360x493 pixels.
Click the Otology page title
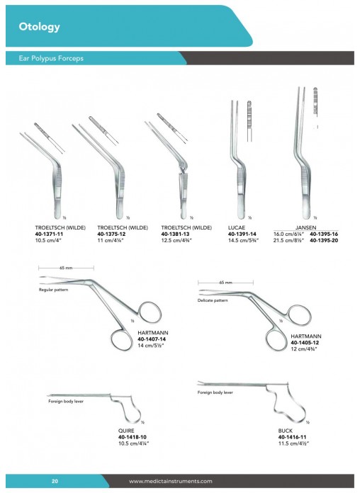click(40, 27)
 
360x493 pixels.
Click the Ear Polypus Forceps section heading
click(51, 58)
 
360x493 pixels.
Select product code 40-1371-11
click(49, 234)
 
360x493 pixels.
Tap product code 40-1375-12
click(111, 234)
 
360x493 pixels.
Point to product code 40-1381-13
click(175, 234)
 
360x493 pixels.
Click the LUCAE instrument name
click(236, 227)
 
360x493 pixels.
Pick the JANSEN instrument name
click(305, 227)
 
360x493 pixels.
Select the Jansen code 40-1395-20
click(324, 241)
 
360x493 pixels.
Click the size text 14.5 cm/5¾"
click(243, 241)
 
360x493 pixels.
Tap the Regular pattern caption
click(53, 290)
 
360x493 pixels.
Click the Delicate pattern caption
click(213, 300)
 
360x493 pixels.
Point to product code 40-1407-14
click(152, 339)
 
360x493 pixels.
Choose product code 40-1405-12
click(305, 343)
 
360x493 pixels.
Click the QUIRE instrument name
click(126, 431)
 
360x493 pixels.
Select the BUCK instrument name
click(285, 431)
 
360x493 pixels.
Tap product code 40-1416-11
click(292, 437)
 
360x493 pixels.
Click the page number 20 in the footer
click(55, 481)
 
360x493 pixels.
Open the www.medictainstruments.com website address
click(170, 481)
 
